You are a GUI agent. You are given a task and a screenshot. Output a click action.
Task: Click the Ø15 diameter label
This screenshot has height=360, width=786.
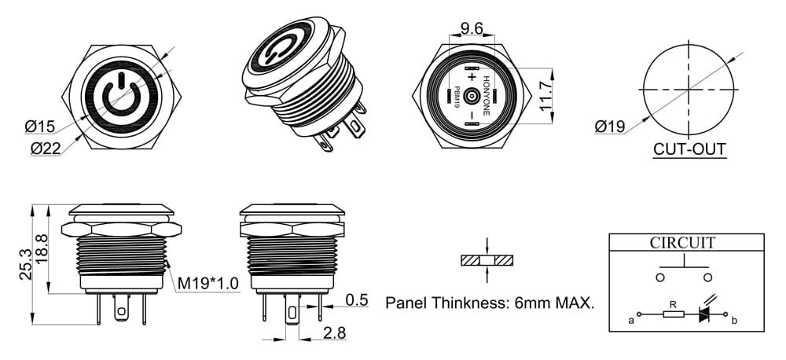(39, 127)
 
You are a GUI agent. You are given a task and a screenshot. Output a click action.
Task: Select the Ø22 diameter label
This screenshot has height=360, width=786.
(46, 149)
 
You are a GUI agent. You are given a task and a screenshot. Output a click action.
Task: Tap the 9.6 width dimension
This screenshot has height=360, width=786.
(472, 28)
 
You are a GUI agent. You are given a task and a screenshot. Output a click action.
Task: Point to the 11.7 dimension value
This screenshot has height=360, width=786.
(546, 96)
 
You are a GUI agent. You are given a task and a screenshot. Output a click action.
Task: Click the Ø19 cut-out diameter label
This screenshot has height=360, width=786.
(610, 127)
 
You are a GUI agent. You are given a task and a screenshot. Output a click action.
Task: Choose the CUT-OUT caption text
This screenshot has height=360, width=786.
(690, 149)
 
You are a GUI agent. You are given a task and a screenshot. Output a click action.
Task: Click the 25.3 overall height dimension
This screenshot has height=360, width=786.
(26, 264)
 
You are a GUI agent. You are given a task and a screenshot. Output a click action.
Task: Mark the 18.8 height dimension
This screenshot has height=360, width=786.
(42, 248)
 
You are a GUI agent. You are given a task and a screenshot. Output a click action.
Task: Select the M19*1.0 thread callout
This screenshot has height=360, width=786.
(208, 285)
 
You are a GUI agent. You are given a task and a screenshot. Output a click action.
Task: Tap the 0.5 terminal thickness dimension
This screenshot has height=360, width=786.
(357, 300)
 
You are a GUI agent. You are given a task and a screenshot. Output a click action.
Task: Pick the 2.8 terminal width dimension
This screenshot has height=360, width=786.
(334, 333)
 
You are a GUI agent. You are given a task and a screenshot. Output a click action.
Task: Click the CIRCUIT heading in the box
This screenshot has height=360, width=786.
(682, 243)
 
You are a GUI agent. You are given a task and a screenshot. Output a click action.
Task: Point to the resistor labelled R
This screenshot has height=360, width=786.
(674, 314)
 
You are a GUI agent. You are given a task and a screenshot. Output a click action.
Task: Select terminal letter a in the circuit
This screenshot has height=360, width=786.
(632, 320)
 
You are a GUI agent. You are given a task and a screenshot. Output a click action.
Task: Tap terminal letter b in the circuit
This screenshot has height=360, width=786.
(734, 320)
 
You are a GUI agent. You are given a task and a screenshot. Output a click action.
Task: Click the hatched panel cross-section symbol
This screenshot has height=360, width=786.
(487, 261)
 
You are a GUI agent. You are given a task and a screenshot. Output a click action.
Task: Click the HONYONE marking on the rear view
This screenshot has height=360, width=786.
(486, 96)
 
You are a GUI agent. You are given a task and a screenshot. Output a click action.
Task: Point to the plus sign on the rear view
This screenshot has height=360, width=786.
(471, 77)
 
